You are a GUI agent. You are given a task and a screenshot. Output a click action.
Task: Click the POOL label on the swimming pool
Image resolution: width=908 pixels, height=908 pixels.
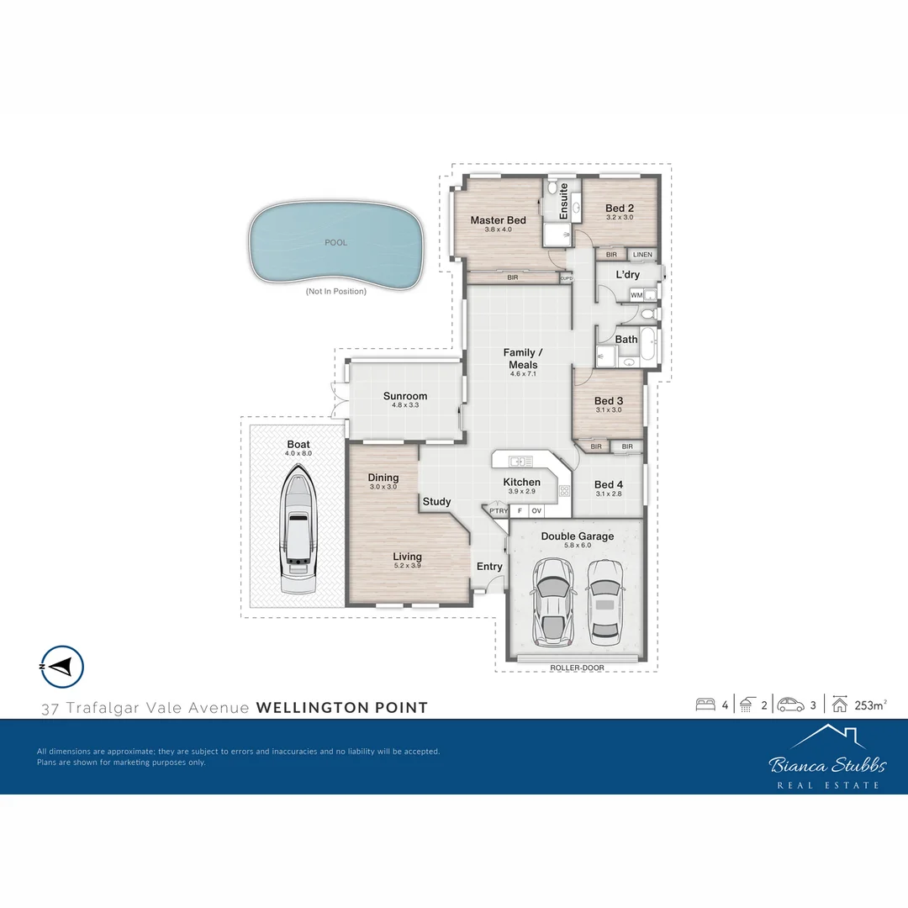335,243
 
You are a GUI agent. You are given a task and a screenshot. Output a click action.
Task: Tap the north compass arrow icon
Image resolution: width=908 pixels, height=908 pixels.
61,667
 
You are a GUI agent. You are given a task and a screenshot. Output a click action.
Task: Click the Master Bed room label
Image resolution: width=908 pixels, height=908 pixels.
498,220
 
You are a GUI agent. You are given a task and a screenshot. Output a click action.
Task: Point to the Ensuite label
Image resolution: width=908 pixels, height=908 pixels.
563,202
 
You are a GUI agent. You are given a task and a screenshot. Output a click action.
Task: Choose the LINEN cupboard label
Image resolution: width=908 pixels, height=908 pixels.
642,255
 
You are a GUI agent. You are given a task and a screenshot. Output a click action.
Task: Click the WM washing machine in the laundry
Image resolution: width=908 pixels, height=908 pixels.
636,295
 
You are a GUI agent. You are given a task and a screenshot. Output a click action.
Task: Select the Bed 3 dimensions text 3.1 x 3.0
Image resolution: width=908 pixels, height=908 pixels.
609,410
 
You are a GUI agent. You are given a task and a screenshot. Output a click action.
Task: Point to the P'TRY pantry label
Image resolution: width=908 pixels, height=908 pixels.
499,510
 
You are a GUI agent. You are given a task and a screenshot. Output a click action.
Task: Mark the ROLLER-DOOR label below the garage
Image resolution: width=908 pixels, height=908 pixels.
577,668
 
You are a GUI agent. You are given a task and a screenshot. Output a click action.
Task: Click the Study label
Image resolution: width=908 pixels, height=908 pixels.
436,502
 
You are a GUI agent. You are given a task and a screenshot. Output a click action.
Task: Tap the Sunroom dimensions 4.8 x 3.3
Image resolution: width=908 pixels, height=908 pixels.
405,405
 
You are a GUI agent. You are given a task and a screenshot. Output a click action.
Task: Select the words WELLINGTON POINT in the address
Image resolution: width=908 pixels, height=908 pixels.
341,708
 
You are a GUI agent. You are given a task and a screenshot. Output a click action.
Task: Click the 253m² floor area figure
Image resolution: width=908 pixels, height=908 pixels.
869,705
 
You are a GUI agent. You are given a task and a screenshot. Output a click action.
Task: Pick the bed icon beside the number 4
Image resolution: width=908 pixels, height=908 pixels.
705,705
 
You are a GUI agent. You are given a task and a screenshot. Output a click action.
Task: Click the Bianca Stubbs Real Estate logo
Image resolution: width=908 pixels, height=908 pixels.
826,758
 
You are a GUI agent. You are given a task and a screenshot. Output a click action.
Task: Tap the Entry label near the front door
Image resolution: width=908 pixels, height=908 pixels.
489,567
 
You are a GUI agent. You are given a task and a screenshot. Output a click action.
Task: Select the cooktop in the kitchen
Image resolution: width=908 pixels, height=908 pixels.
564,490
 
